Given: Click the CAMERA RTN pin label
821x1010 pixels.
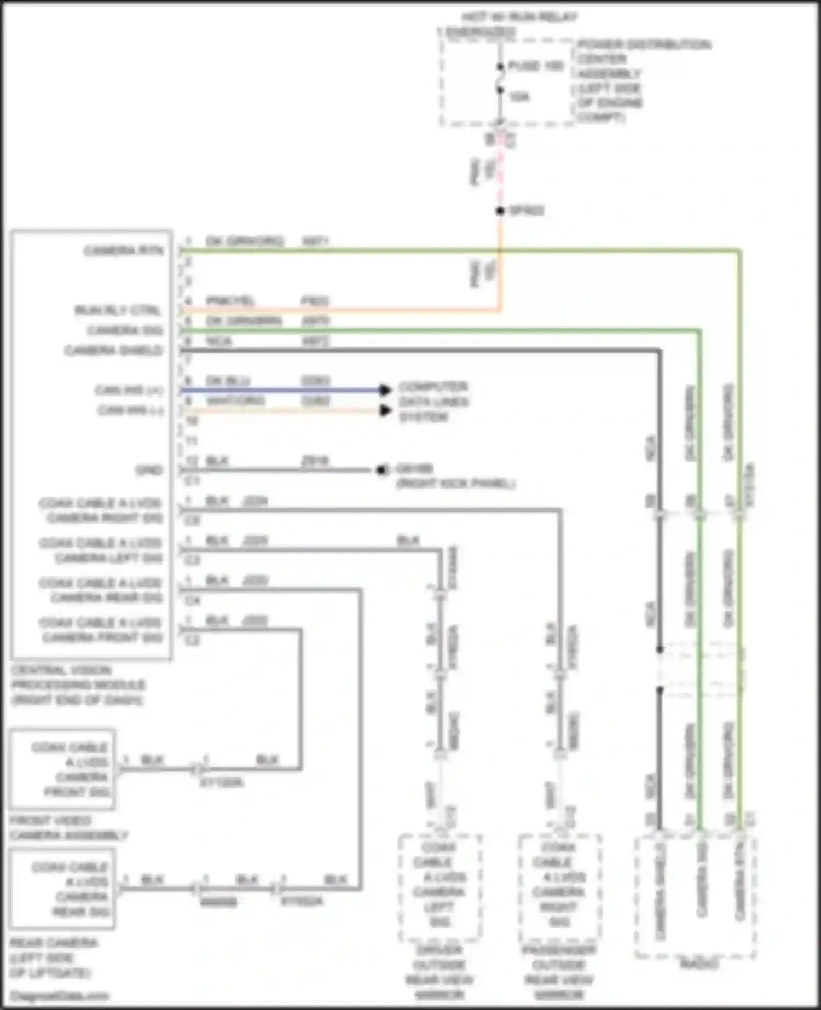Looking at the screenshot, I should (x=123, y=251).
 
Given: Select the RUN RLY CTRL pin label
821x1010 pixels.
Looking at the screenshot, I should (x=118, y=310).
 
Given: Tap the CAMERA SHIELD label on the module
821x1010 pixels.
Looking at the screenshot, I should (x=113, y=350).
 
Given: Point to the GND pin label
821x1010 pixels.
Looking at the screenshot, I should (x=149, y=470).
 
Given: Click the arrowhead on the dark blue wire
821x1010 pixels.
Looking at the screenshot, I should (x=386, y=390).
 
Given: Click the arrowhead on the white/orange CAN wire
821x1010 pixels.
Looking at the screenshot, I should (x=386, y=410).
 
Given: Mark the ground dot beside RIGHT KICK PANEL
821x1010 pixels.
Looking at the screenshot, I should (x=381, y=470).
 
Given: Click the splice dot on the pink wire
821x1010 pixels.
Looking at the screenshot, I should (x=500, y=211).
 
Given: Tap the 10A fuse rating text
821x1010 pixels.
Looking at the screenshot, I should (x=519, y=97).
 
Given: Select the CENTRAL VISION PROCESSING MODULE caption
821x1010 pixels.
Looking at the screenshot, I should (x=78, y=685).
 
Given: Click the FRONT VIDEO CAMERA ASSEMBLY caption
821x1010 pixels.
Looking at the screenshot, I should (x=68, y=828).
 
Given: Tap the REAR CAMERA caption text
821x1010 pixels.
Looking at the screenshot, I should (x=53, y=943).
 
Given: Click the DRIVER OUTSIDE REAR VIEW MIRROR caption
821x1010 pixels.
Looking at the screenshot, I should (x=439, y=972).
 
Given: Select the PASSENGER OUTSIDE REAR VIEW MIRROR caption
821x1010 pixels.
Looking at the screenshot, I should (x=559, y=972).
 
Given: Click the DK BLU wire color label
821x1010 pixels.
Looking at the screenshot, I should (x=228, y=380).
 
